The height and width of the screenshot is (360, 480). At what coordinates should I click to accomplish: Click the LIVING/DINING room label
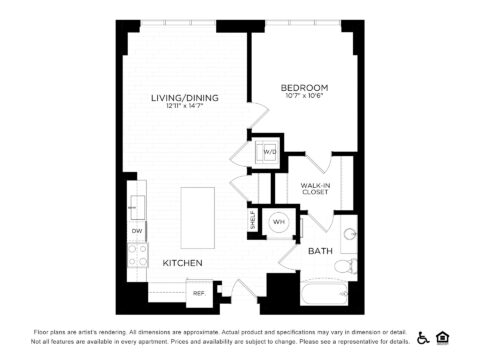point(184,97)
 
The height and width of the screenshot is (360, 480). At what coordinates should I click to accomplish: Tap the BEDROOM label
point(305,88)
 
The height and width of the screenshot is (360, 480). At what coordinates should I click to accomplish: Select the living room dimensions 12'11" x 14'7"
point(184,107)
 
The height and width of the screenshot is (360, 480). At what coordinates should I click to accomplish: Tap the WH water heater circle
point(279,221)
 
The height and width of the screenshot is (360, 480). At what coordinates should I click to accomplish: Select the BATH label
point(320,251)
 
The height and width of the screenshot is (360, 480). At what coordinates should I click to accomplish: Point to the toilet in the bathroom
point(343,265)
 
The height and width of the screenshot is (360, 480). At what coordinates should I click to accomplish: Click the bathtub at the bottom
point(322,293)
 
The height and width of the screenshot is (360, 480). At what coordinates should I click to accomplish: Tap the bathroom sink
point(347,235)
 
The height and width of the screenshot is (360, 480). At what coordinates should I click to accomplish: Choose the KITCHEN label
point(183,263)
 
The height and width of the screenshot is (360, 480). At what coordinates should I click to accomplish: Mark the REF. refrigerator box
point(199,294)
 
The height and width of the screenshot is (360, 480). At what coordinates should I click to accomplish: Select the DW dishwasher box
point(136,232)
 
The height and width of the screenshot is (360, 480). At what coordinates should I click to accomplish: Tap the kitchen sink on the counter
point(136,207)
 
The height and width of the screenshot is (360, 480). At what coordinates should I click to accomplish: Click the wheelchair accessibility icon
point(423,337)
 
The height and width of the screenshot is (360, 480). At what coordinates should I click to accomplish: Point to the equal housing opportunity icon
point(443,337)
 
